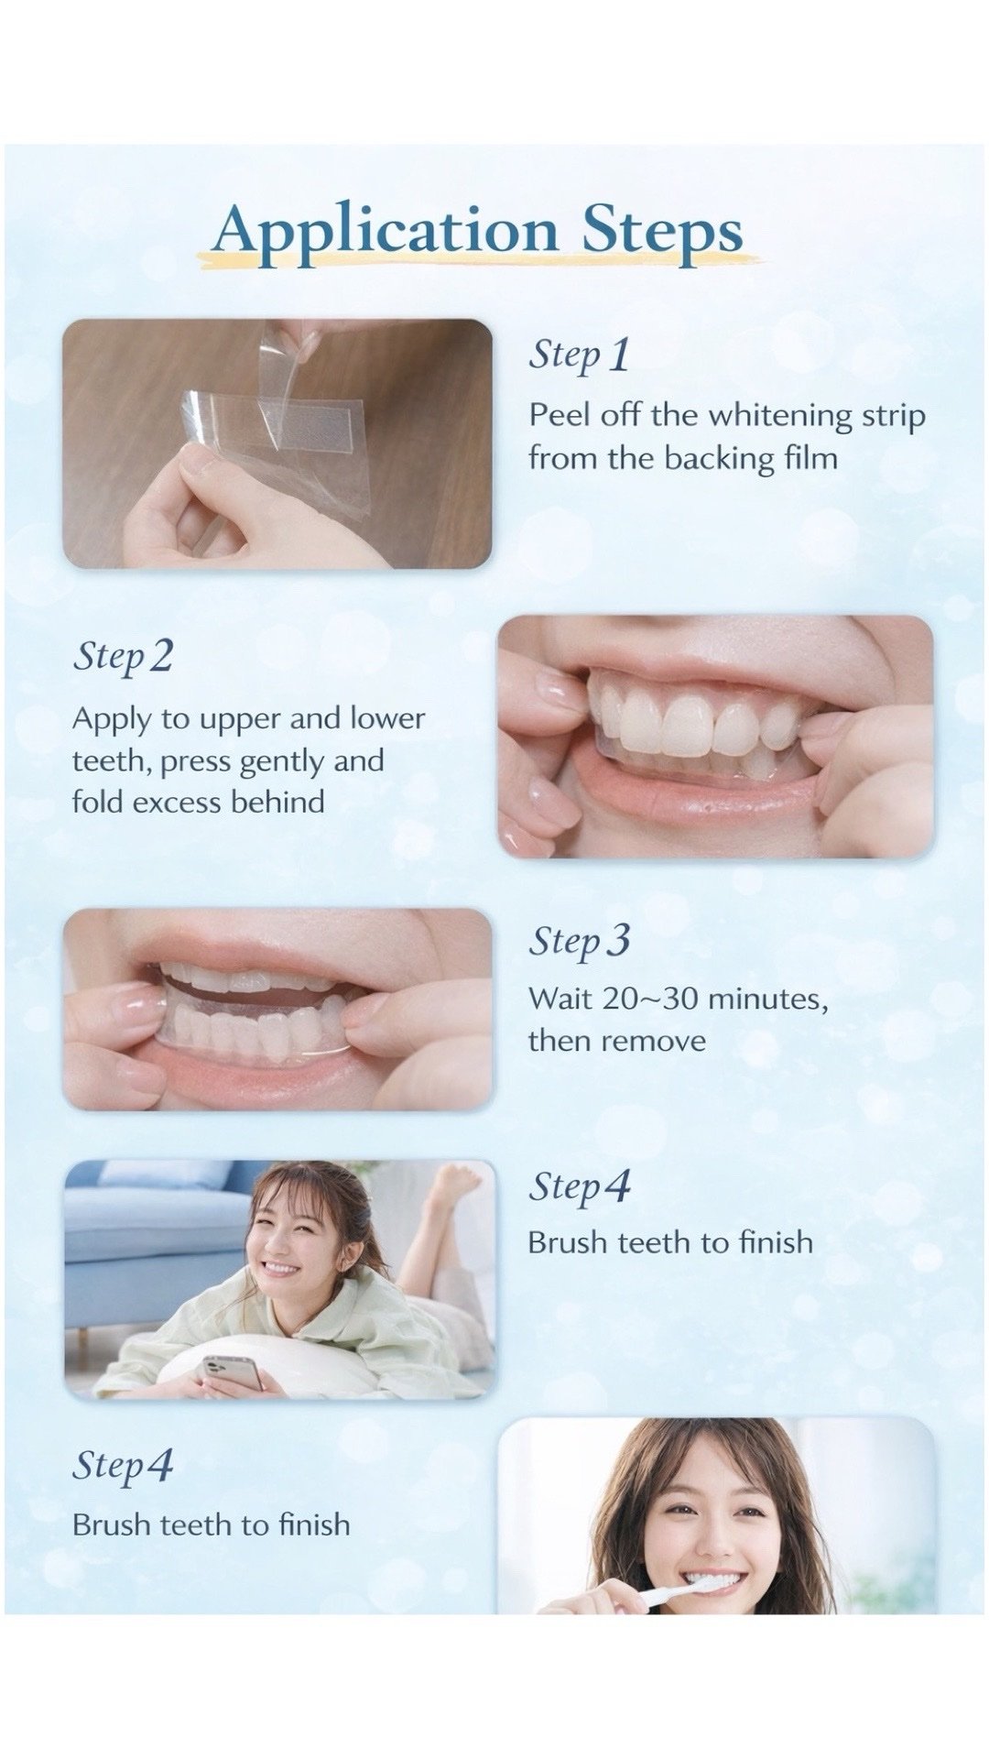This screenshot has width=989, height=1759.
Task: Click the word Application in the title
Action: click(386, 231)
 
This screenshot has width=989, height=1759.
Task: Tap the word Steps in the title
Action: click(662, 231)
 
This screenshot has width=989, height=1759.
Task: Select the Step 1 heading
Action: click(580, 355)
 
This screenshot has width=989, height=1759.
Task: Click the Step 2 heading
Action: click(123, 656)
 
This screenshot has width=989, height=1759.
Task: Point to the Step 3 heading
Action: click(580, 940)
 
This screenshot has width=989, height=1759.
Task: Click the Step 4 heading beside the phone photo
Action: click(580, 1185)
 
